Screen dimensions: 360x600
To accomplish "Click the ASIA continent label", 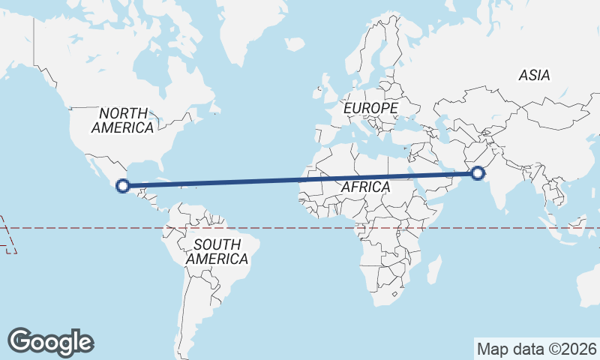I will click(534, 75).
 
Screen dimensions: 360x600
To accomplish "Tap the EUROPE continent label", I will click(370, 109).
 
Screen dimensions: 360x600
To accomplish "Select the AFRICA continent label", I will click(365, 187).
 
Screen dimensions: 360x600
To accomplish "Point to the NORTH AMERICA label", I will click(122, 120).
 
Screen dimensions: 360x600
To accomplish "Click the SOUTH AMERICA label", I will click(217, 251).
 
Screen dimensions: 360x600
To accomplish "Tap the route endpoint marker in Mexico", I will click(123, 185).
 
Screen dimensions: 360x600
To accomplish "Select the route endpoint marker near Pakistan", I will click(478, 174).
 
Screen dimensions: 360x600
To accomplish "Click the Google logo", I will click(50, 341).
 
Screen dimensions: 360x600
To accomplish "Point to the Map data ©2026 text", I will click(537, 349).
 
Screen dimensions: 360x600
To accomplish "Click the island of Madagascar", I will click(433, 268).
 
